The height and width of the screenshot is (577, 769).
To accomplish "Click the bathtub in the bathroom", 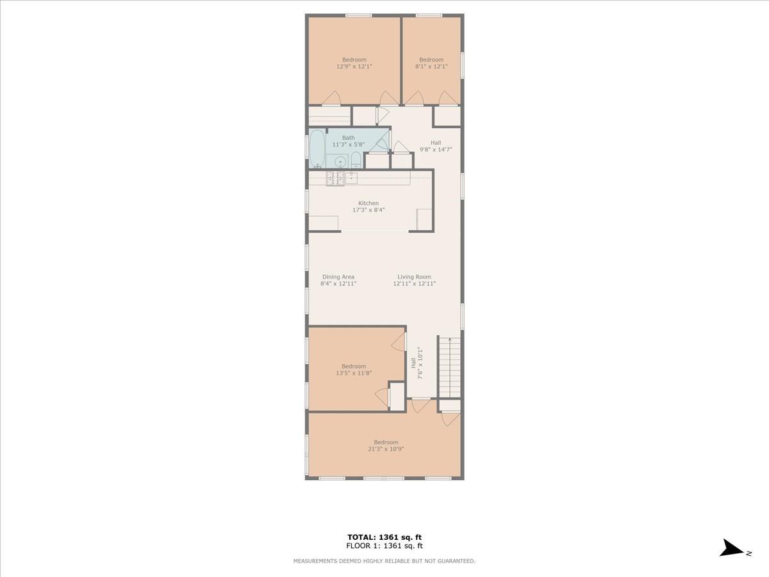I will [x=317, y=149].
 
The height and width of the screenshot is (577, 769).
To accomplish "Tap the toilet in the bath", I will [x=356, y=160].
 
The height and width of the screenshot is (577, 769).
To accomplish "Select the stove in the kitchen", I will [x=335, y=178].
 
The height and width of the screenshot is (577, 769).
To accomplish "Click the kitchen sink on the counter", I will [x=351, y=178].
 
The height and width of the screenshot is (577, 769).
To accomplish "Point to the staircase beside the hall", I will [x=450, y=367].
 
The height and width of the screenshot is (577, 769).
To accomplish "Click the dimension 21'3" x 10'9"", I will [x=386, y=449].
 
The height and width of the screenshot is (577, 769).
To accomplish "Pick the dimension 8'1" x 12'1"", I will [x=431, y=66].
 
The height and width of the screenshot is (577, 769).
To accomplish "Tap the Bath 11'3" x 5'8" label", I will [x=348, y=141].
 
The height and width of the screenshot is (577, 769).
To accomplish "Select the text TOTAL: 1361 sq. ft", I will [x=384, y=537].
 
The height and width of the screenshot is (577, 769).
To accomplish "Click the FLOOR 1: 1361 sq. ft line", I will [x=384, y=546].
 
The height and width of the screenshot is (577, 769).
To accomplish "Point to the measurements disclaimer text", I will [x=384, y=561].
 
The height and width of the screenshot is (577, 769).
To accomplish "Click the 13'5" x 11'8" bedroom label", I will [x=354, y=370].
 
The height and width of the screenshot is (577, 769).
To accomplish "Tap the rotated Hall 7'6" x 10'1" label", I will [x=417, y=363].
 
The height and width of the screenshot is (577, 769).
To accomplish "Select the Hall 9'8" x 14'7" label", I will [x=436, y=146].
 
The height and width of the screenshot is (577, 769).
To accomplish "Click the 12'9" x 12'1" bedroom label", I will [x=354, y=63].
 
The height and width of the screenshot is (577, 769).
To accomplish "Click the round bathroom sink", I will [x=340, y=161].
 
